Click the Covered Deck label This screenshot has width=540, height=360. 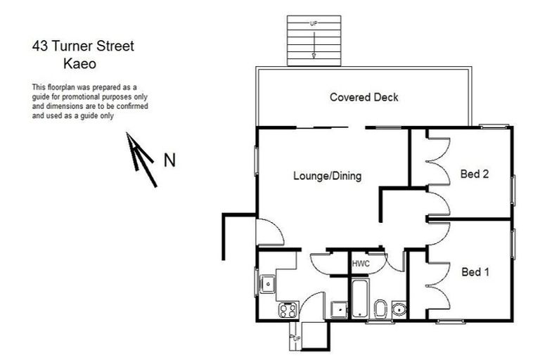[364, 97]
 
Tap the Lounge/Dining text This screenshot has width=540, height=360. [327, 176]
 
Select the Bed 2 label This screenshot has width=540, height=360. [475, 174]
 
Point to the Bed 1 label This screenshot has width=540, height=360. [475, 272]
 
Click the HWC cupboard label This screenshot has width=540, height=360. [360, 263]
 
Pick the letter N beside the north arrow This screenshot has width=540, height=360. [169, 160]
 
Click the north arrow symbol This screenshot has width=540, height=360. [141, 158]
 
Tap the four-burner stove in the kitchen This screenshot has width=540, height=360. [288, 309]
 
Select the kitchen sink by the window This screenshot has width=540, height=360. [268, 284]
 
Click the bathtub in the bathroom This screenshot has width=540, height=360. [359, 300]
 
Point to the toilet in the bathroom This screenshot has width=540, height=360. [380, 308]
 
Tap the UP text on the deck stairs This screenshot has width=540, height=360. [314, 25]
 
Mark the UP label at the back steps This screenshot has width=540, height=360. [296, 338]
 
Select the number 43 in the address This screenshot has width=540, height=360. [41, 47]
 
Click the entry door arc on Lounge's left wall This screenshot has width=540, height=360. [271, 232]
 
